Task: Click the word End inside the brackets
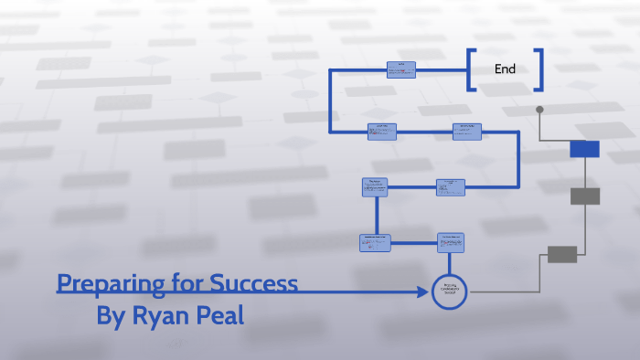[505, 69]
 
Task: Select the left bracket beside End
[471, 69]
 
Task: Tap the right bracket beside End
[539, 69]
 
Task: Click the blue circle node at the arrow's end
[450, 291]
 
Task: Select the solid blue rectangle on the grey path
[584, 149]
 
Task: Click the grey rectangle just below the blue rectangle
[585, 196]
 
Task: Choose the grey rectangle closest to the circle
[562, 254]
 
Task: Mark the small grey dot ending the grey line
[539, 110]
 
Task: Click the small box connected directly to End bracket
[400, 69]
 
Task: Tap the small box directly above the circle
[451, 242]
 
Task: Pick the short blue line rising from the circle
[450, 264]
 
